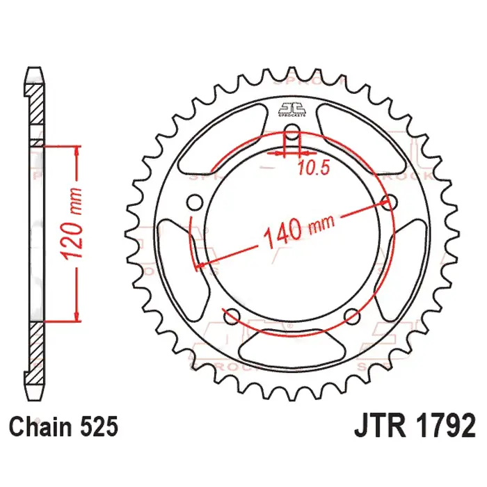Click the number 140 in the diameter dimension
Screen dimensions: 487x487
pyautogui.click(x=282, y=232)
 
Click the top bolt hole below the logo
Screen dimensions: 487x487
pyautogui.click(x=293, y=136)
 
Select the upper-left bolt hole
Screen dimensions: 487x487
pyautogui.click(x=195, y=202)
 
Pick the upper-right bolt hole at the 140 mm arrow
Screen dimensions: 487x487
pyautogui.click(x=391, y=202)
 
